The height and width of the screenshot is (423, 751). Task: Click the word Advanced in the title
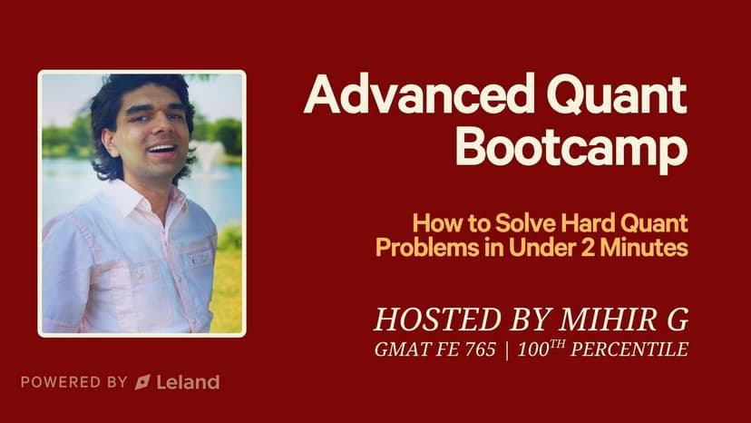coord(419,93)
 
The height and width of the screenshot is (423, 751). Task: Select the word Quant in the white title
coord(617,95)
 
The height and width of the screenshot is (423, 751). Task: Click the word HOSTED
coord(437,320)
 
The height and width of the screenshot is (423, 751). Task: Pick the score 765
coord(480,349)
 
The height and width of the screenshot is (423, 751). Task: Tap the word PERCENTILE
coord(629,349)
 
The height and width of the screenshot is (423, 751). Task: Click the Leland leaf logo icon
coord(142,382)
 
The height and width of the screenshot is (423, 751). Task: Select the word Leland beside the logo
coord(188,382)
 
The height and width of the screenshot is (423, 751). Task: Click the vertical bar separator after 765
coord(507,350)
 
